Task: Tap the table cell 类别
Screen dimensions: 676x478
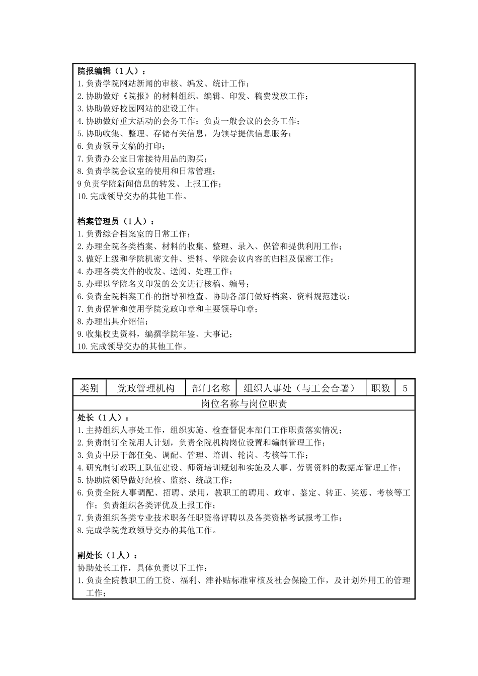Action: pyautogui.click(x=90, y=388)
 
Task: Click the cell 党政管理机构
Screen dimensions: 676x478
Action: pyautogui.click(x=146, y=388)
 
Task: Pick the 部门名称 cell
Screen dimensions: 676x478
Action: pyautogui.click(x=211, y=388)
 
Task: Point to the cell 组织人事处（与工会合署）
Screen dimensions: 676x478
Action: pyautogui.click(x=299, y=388)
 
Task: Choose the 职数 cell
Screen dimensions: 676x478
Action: pyautogui.click(x=381, y=388)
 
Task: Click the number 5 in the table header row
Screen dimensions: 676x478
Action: pyautogui.click(x=405, y=388)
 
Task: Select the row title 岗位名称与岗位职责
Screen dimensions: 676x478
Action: pyautogui.click(x=244, y=404)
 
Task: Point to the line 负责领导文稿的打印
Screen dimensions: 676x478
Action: pyautogui.click(x=123, y=146)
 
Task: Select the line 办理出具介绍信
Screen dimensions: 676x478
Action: pyautogui.click(x=114, y=321)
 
